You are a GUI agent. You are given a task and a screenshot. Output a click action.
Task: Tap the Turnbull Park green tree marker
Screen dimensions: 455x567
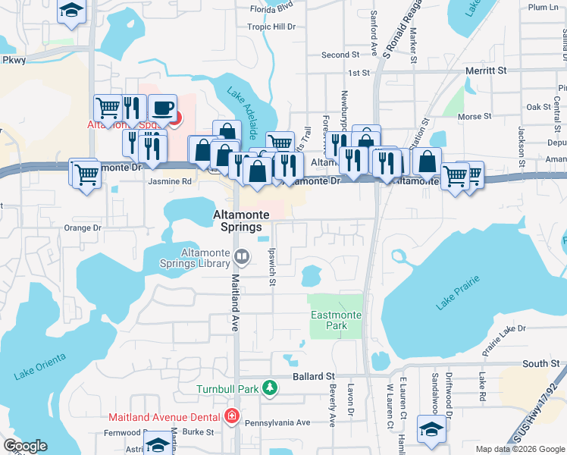click(269, 389)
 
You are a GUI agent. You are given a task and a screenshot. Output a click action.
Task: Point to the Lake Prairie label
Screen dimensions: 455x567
click(457, 297)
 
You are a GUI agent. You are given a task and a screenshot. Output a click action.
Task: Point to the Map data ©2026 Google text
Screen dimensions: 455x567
click(519, 449)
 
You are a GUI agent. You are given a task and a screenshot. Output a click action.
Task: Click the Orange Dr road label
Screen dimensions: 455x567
click(82, 227)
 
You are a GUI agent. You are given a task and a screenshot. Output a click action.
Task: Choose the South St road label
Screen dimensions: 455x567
click(540, 364)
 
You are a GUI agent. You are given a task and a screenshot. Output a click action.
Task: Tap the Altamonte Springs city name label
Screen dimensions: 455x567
click(237, 221)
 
